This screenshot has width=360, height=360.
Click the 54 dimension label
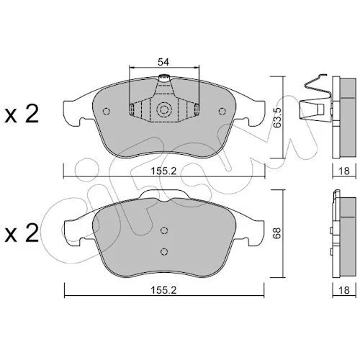pos(163,62)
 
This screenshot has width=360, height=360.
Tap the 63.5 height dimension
pos(278,117)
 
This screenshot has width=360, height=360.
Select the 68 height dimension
pos(277,233)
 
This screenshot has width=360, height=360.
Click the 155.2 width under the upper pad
pos(163,171)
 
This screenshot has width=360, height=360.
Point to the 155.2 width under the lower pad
pos(163,290)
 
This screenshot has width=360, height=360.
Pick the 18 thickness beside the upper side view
pos(344,171)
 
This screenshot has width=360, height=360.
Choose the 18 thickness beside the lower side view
pos(344,290)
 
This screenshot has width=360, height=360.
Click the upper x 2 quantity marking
pos(22,114)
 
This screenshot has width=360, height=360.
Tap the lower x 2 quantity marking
pos(22,233)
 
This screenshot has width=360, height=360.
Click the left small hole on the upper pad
pos(106,111)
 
